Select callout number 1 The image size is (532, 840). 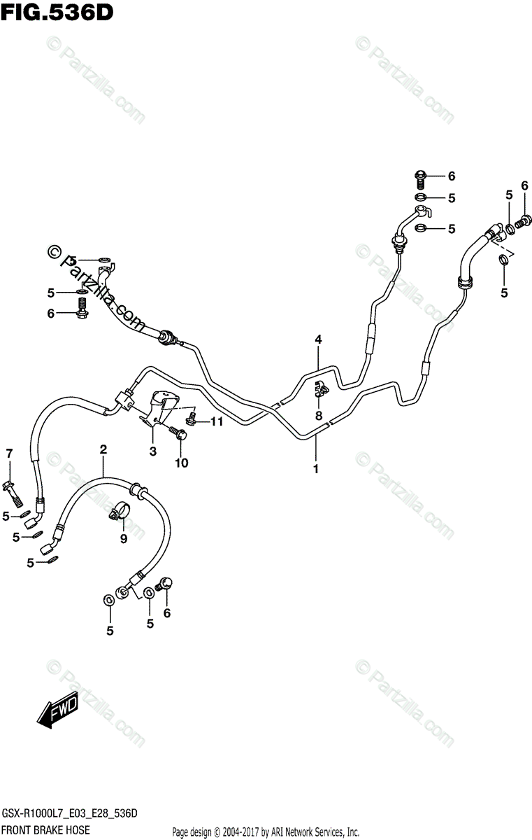pyautogui.click(x=315, y=469)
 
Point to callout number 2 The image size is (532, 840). pyautogui.click(x=103, y=449)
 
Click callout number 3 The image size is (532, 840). pyautogui.click(x=152, y=451)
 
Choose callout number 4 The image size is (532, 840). pyautogui.click(x=317, y=340)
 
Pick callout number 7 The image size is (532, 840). pyautogui.click(x=9, y=454)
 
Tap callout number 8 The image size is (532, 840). pyautogui.click(x=318, y=416)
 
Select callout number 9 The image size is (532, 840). pyautogui.click(x=123, y=538)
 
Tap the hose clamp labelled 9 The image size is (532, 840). pyautogui.click(x=119, y=512)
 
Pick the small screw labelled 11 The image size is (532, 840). pyautogui.click(x=192, y=420)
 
